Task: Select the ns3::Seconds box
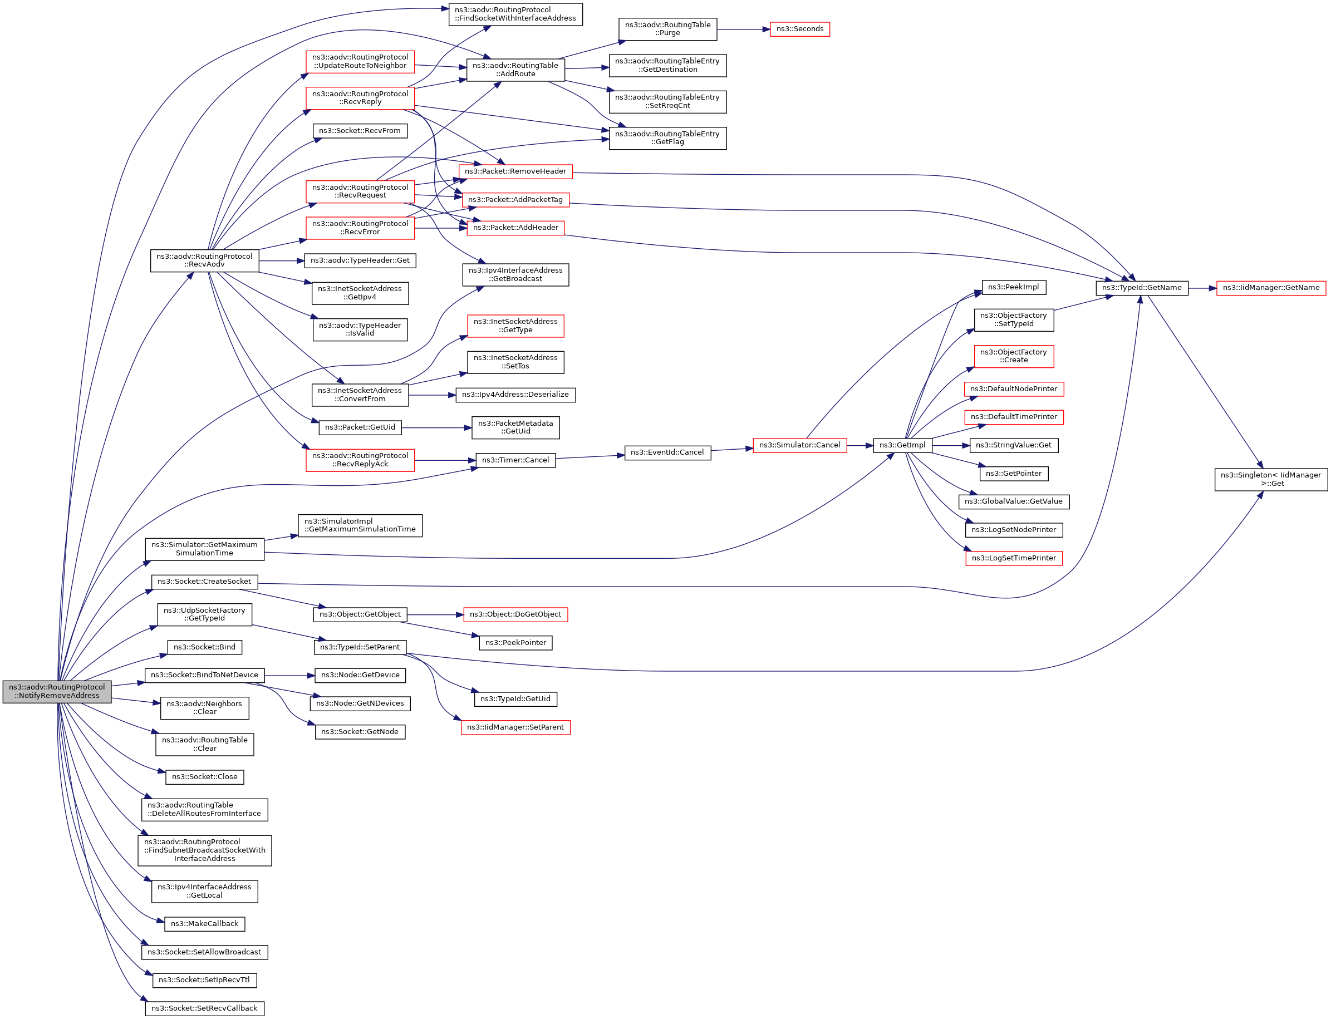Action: (x=799, y=29)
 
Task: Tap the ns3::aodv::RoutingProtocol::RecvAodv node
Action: (x=204, y=260)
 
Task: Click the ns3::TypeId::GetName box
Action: (x=1141, y=288)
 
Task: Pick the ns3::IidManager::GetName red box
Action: (x=1270, y=288)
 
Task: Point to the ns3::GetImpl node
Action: (x=902, y=445)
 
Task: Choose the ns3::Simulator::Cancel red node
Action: (x=799, y=445)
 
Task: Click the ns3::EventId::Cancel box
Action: (x=667, y=452)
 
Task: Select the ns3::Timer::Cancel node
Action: (x=515, y=460)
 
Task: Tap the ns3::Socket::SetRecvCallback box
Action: (x=204, y=1008)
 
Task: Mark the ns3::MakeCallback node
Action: (x=204, y=924)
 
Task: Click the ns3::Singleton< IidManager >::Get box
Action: (x=1270, y=479)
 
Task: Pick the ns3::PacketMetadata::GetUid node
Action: (x=515, y=427)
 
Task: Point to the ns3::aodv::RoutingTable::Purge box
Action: (x=667, y=29)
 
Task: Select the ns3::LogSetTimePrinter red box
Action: (x=1013, y=558)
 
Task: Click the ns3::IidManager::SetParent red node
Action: (x=515, y=727)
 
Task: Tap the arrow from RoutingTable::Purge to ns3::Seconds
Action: (x=743, y=29)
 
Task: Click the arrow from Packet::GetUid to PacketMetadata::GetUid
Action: (x=436, y=428)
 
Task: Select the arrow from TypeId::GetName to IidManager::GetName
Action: (x=1202, y=289)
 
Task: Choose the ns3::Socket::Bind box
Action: (x=204, y=647)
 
